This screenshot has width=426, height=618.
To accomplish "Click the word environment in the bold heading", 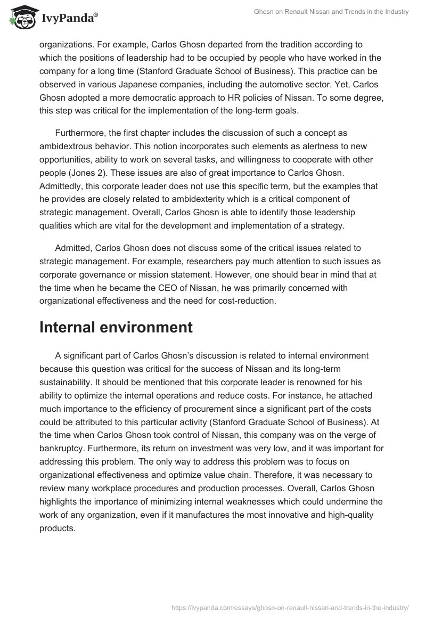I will (152, 327).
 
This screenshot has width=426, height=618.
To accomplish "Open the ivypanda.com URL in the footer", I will (290, 607).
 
